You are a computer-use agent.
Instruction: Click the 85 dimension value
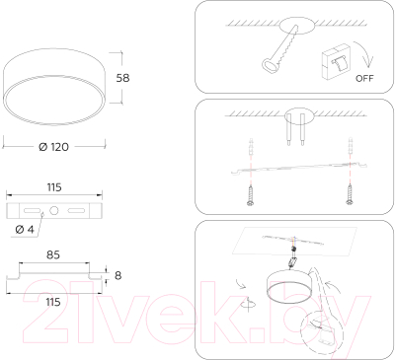[54, 254]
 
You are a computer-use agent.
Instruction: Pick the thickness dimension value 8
[118, 275]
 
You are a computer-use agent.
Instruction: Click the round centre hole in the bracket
[55, 211]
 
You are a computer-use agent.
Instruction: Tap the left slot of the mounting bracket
[32, 211]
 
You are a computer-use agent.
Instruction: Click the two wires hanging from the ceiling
[293, 127]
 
